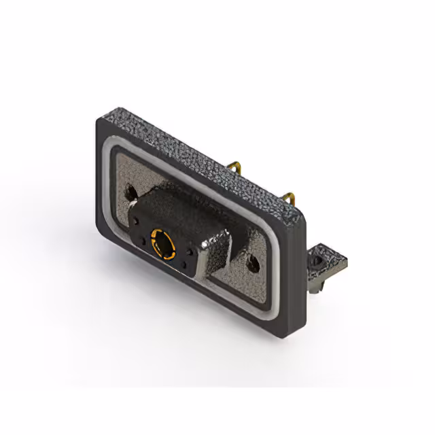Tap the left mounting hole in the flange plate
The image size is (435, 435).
[131, 192]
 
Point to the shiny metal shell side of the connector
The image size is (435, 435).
[216, 259]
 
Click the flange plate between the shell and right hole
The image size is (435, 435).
[238, 272]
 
